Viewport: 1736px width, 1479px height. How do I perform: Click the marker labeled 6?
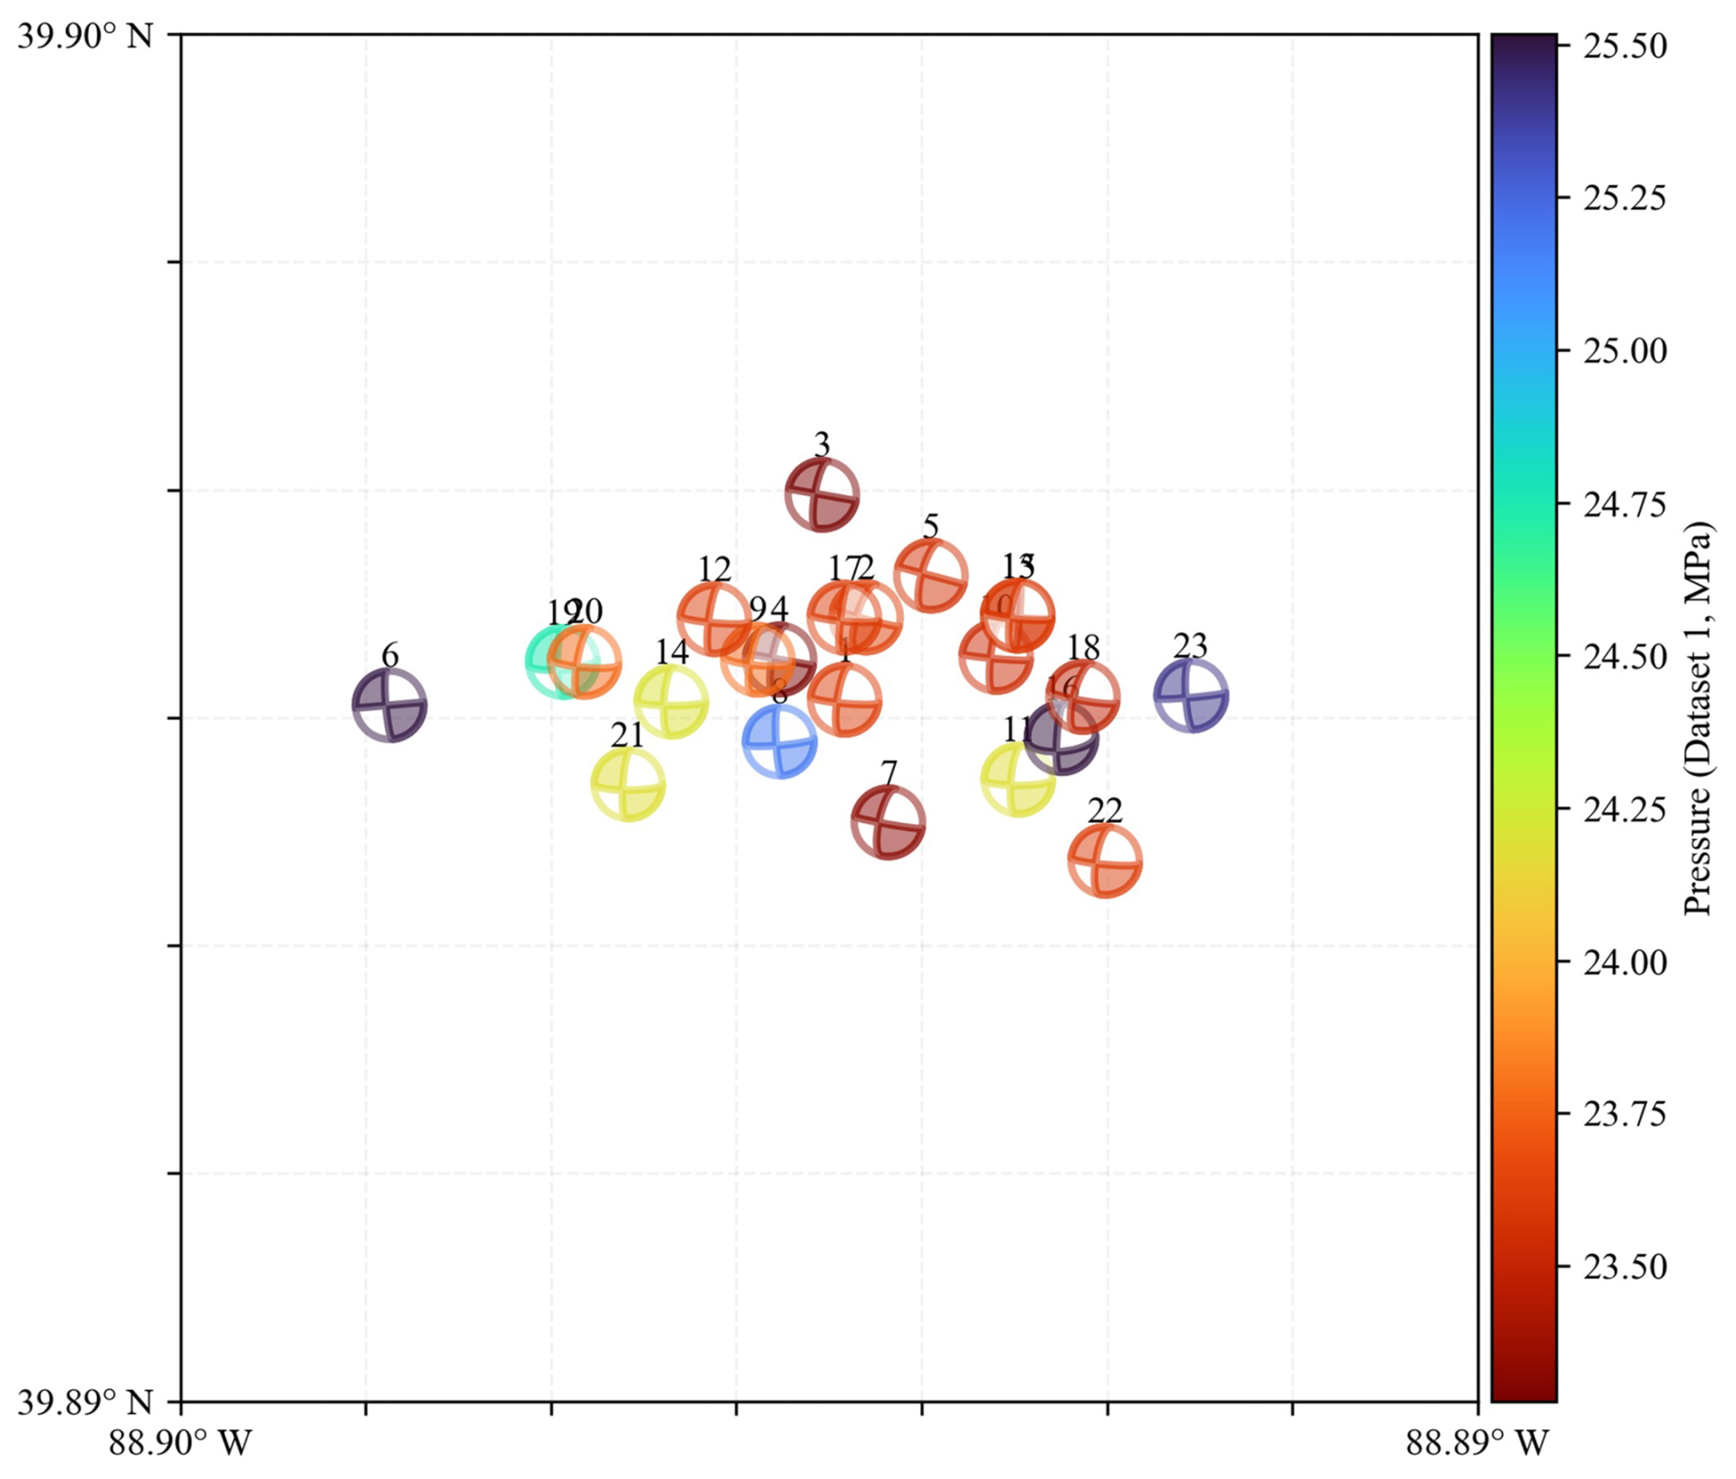(x=390, y=705)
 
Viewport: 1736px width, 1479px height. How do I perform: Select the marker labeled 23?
(x=1191, y=695)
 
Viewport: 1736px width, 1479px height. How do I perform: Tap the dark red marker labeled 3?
(x=822, y=495)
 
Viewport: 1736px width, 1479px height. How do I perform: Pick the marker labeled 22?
(x=1105, y=861)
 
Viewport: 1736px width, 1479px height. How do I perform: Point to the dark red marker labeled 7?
(x=887, y=822)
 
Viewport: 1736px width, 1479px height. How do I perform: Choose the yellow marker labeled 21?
(x=628, y=784)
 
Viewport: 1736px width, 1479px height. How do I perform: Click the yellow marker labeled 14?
(x=671, y=702)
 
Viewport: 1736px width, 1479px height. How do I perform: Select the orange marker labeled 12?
(x=714, y=618)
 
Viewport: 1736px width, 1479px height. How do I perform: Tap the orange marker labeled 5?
(x=930, y=576)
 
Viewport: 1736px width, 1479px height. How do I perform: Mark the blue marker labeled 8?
(x=779, y=741)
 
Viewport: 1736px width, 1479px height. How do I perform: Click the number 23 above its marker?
(x=1191, y=647)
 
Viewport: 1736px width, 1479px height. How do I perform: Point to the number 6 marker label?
(x=390, y=656)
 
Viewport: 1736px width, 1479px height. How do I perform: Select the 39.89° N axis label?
(x=85, y=1401)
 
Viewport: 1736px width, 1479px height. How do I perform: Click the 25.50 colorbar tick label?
(x=1624, y=46)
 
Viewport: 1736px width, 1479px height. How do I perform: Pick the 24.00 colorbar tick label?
(x=1624, y=962)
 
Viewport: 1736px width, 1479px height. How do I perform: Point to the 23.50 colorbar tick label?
(x=1624, y=1267)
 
